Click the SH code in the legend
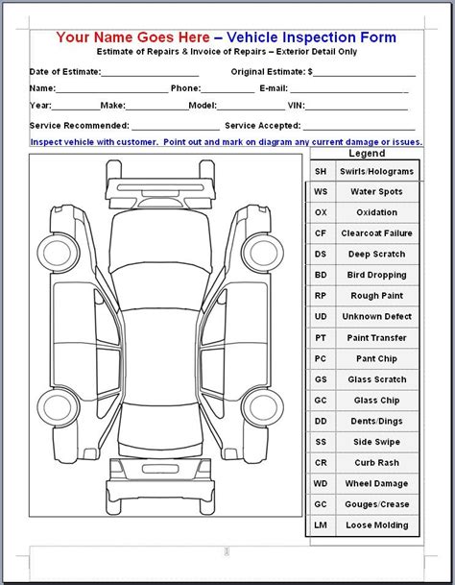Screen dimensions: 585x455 [321, 172]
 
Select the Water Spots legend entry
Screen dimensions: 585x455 [377, 192]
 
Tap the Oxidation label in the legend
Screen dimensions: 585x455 [377, 212]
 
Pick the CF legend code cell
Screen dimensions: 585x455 [321, 233]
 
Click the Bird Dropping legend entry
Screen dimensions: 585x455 [377, 275]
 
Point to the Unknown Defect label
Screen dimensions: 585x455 [377, 316]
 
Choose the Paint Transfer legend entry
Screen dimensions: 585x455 [377, 337]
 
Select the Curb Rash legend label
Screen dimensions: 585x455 [377, 462]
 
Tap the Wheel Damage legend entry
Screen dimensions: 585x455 [377, 483]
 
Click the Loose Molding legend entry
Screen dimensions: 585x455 [377, 524]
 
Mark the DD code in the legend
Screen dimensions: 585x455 [321, 421]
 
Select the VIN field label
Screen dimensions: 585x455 [298, 107]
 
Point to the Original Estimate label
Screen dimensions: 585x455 [271, 72]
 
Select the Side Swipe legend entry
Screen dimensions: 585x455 [377, 441]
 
